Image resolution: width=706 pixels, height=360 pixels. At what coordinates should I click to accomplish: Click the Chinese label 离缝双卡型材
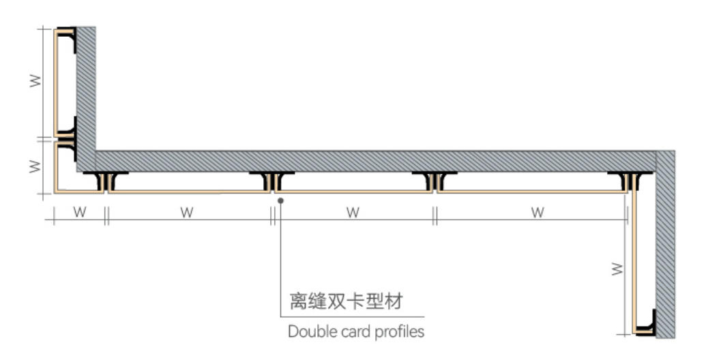(x=346, y=301)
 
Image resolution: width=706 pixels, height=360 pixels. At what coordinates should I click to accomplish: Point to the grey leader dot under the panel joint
(x=280, y=200)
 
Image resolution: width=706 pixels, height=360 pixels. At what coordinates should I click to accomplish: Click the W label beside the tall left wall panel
(x=35, y=81)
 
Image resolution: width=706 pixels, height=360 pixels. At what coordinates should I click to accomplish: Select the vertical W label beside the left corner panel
(x=35, y=166)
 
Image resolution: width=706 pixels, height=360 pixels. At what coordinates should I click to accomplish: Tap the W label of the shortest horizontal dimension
(x=80, y=212)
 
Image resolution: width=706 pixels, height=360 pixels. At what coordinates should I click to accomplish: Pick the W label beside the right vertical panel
(x=617, y=269)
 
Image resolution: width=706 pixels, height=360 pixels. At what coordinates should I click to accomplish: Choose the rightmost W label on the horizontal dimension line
(x=538, y=212)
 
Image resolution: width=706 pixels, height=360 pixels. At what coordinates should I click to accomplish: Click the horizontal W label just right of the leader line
(x=353, y=212)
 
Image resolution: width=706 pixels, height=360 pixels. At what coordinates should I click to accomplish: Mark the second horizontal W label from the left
(x=187, y=212)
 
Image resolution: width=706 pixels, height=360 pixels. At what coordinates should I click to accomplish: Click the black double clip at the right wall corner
(x=630, y=181)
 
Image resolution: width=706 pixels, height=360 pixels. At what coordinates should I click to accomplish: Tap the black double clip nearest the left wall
(x=105, y=181)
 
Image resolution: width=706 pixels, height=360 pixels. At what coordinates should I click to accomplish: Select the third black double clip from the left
(x=435, y=181)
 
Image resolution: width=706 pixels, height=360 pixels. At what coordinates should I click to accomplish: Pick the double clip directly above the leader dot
(x=272, y=181)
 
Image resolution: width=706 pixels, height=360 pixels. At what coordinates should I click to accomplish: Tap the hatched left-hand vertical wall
(x=85, y=99)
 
